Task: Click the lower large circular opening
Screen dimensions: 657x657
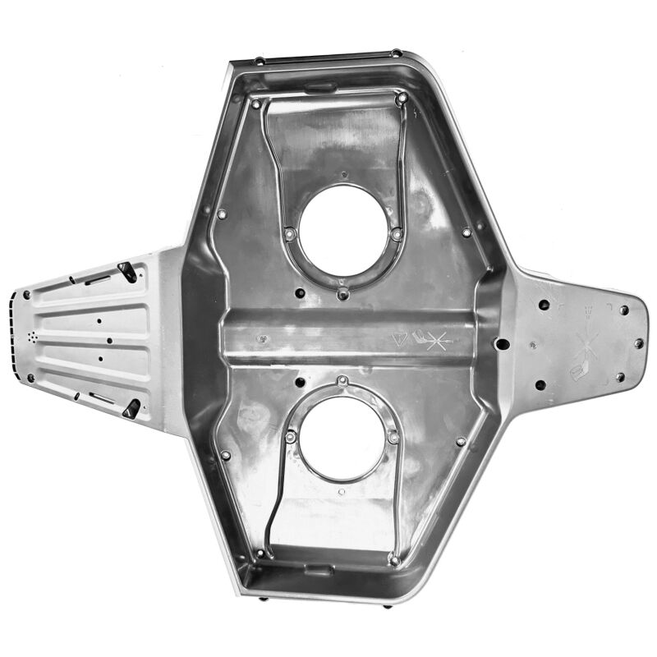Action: [341, 438]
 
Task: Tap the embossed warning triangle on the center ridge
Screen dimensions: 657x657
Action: [401, 338]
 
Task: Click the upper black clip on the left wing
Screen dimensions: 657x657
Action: [127, 271]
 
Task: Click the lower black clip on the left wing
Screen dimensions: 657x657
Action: [131, 408]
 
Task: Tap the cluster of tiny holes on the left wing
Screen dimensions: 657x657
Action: [33, 338]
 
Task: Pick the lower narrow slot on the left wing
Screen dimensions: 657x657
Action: [102, 398]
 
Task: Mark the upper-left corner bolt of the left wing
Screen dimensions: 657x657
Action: [26, 294]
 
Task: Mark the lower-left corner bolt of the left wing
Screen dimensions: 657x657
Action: [30, 379]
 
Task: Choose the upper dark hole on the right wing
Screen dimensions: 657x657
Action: [544, 305]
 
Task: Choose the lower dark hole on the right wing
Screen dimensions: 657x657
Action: [540, 384]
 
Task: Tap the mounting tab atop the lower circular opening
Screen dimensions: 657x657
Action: [342, 381]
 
